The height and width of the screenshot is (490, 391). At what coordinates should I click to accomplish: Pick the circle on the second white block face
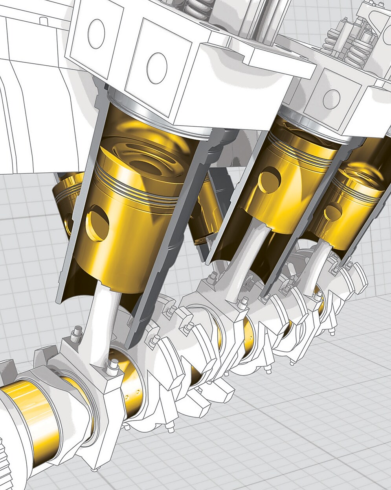click(156, 67)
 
